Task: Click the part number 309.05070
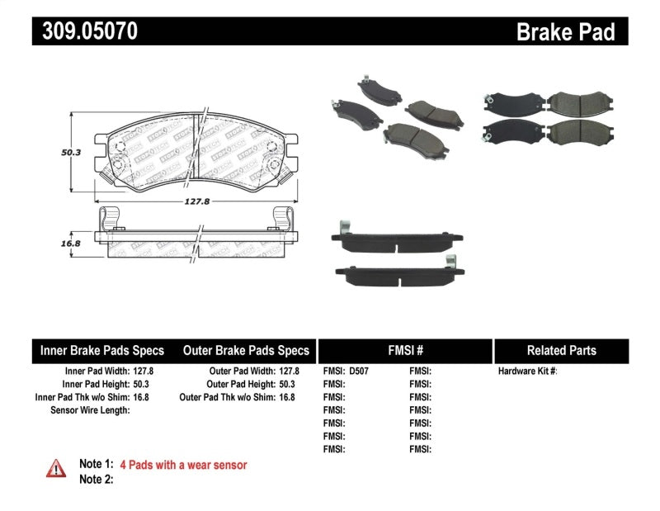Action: pos(85,31)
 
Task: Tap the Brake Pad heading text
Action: pos(565,31)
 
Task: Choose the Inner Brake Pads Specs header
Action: pos(102,350)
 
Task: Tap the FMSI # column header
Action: pos(404,350)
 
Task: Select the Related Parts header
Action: pos(560,350)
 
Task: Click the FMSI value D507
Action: pos(359,371)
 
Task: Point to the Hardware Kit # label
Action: pos(527,371)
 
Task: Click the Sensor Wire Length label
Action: pos(90,410)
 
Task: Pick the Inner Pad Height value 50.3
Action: pos(144,385)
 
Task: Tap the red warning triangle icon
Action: pos(55,468)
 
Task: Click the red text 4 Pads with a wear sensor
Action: pos(183,465)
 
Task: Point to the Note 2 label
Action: pos(95,479)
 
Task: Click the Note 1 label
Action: pos(95,465)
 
